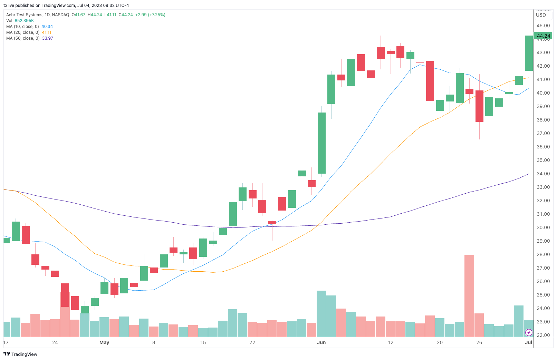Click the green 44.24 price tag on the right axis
(x=543, y=36)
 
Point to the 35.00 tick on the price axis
(x=543, y=160)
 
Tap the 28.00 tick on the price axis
(x=543, y=254)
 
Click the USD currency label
(x=541, y=15)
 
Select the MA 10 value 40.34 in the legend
(x=47, y=27)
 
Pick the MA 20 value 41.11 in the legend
(x=47, y=32)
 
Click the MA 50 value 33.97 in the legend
(x=47, y=38)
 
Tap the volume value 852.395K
(x=24, y=21)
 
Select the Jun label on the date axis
(x=321, y=342)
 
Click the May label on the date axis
(x=104, y=342)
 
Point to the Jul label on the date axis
(x=528, y=342)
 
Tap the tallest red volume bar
(x=469, y=295)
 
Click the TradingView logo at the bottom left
(x=20, y=354)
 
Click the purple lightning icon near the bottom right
(x=529, y=333)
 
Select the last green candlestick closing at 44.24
(x=529, y=53)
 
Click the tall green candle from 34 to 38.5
(x=321, y=143)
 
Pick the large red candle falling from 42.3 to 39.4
(x=430, y=81)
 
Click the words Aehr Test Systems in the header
(x=24, y=15)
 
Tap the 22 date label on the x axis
(x=252, y=342)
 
